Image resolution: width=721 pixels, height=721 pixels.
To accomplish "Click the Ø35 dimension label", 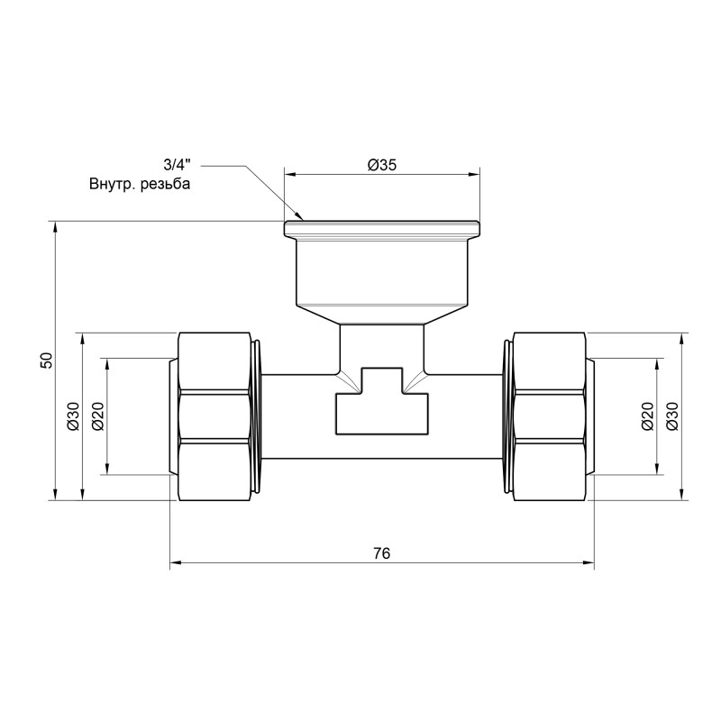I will point(383,165).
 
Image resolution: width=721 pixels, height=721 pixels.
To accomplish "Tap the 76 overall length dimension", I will point(382,553).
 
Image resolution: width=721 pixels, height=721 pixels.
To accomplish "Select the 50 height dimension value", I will point(47,360).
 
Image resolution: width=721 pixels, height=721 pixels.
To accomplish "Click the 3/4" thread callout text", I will point(178,165).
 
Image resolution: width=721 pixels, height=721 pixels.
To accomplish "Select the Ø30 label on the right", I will point(671,415).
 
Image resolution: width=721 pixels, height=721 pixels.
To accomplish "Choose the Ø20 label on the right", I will point(646,415).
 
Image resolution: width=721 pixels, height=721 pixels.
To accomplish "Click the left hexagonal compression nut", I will point(214,415).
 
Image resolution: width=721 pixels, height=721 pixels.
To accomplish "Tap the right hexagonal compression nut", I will point(551,415).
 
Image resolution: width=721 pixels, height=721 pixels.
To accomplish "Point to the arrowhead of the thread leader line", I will point(302,217).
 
